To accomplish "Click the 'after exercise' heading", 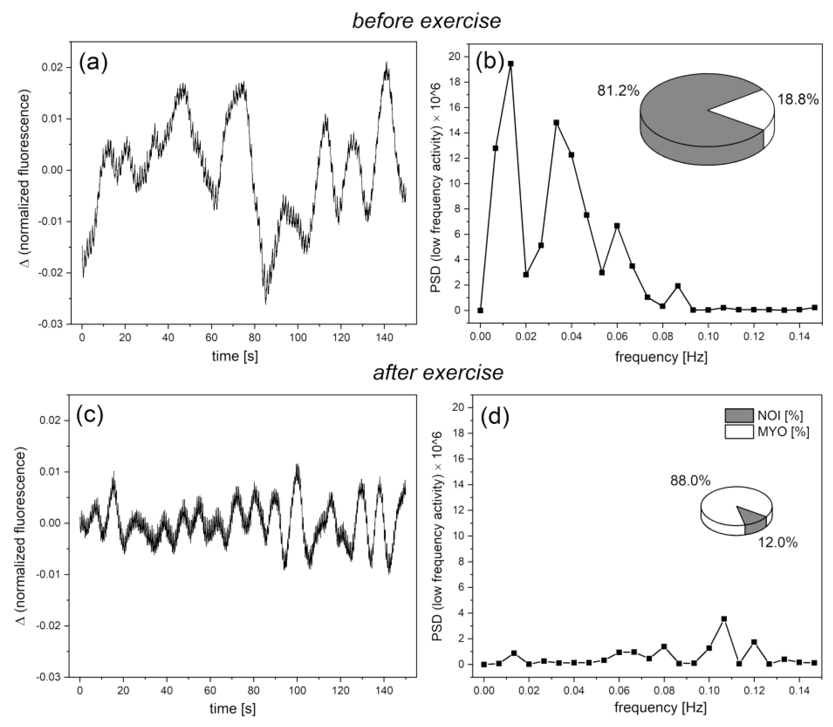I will click(438, 372).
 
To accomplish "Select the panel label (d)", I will click(494, 417).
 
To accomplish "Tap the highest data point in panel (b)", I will click(510, 64).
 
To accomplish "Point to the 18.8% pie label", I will click(797, 99).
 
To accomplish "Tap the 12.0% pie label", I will click(778, 542).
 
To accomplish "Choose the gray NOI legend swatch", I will click(739, 415).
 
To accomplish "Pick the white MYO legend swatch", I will click(739, 432).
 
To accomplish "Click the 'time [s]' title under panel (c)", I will click(232, 708).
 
